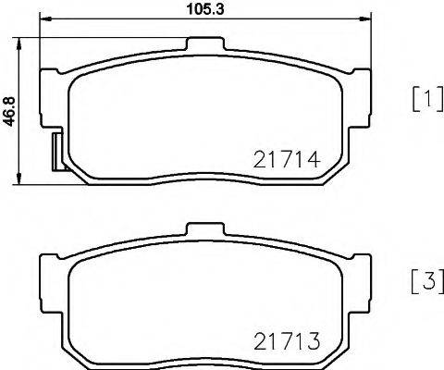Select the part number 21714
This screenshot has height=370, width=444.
coord(286,160)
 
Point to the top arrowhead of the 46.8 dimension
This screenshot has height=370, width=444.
coord(20,41)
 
